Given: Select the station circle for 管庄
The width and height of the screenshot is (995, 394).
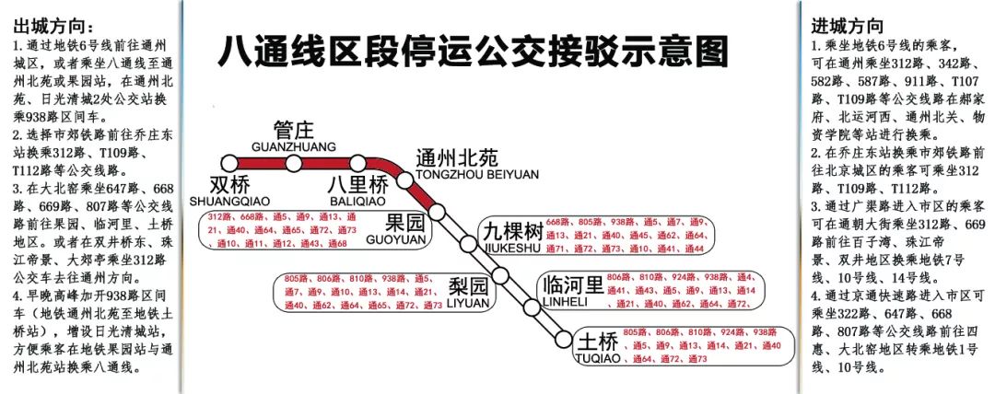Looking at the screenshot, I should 294,164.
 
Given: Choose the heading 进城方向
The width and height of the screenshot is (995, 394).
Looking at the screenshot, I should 847,26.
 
